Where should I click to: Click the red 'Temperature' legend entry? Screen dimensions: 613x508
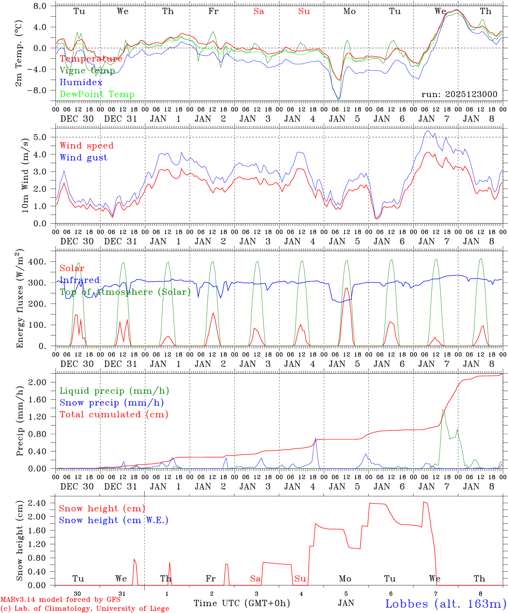(91, 59)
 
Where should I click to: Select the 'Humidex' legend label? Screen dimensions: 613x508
(81, 82)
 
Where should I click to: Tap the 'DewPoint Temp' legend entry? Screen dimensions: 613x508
(97, 94)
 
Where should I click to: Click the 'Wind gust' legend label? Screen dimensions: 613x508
(83, 158)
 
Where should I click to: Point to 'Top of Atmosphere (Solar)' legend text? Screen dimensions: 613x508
(125, 292)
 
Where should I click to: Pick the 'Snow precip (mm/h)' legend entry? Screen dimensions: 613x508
(111, 403)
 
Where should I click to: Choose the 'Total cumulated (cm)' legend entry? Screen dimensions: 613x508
(114, 414)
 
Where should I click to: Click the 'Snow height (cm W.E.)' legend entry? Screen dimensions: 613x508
(114, 520)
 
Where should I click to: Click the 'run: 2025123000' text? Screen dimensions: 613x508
(459, 94)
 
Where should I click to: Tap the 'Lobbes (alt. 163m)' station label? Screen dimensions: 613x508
(445, 603)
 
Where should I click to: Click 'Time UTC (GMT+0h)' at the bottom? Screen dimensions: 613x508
(242, 603)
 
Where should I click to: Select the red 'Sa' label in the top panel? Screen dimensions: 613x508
(259, 11)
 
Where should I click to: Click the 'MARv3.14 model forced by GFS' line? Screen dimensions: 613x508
(60, 600)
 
